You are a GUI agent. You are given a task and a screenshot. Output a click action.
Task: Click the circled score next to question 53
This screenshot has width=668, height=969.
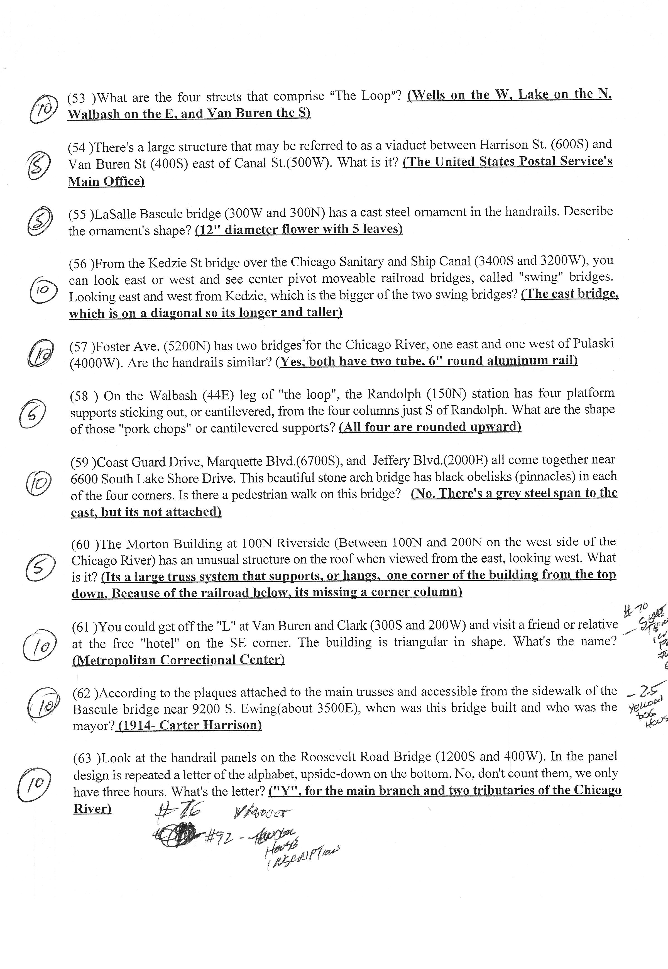coord(43,108)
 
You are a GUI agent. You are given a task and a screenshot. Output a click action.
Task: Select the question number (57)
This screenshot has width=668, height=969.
coord(80,346)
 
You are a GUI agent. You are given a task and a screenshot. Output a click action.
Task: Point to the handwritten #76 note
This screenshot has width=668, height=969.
coord(178,812)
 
